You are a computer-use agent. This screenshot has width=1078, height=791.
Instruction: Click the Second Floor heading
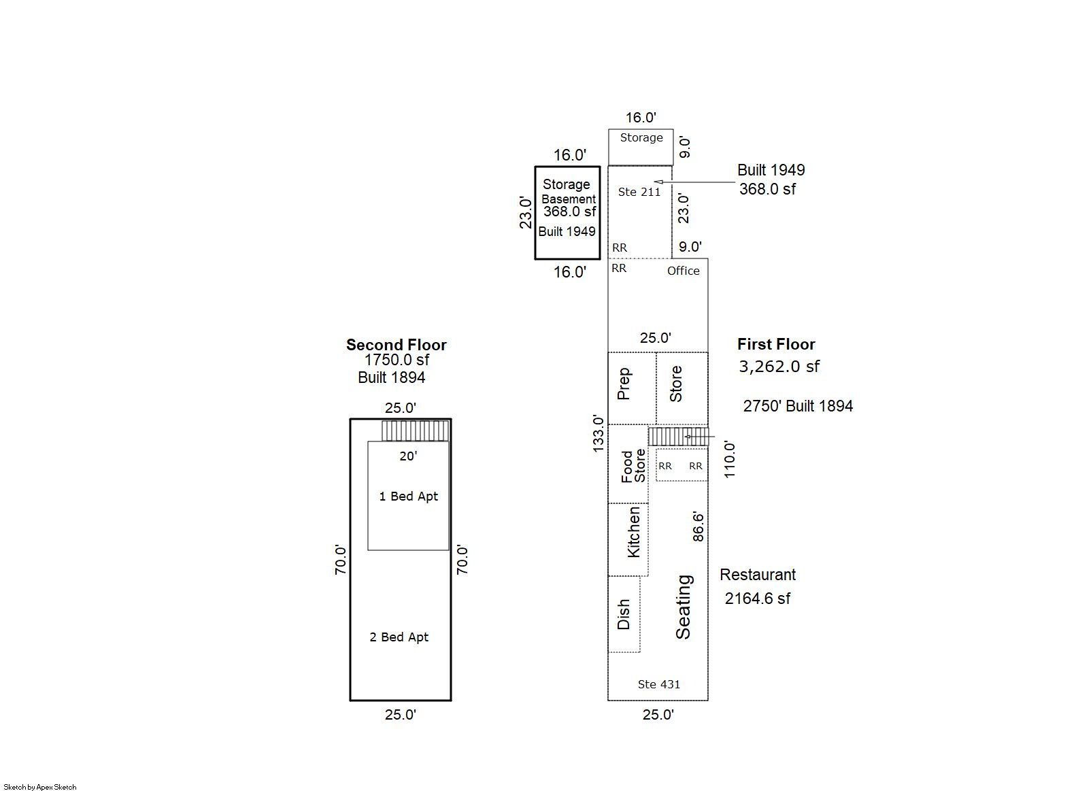point(396,345)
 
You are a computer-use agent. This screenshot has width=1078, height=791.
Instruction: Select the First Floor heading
point(776,345)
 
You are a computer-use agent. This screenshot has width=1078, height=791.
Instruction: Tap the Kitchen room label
point(633,532)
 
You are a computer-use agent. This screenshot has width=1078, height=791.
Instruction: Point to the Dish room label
point(623,614)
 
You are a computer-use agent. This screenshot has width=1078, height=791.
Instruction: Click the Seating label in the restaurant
point(684,607)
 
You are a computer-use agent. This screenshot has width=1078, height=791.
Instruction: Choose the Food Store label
point(633,466)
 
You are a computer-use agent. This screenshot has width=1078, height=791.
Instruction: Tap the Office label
point(684,271)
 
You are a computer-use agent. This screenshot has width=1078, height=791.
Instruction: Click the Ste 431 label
point(659,684)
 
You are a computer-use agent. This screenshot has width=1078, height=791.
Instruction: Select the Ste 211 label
point(639,192)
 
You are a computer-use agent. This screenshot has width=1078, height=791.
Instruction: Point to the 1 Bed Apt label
point(409,496)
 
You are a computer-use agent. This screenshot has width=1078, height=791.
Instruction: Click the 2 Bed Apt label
point(399,637)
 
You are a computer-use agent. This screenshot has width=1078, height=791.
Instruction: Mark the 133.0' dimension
point(598,433)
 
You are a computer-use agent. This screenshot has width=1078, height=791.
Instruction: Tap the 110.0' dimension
point(730,460)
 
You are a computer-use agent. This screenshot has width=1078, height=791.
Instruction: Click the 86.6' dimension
point(698,527)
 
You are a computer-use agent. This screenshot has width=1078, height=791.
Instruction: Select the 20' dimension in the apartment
point(408,456)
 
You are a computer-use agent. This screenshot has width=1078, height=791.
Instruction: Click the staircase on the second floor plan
point(416,431)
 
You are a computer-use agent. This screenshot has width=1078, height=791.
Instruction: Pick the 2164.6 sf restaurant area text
point(758,599)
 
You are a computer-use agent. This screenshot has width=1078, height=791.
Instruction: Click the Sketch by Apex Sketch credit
point(40,787)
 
